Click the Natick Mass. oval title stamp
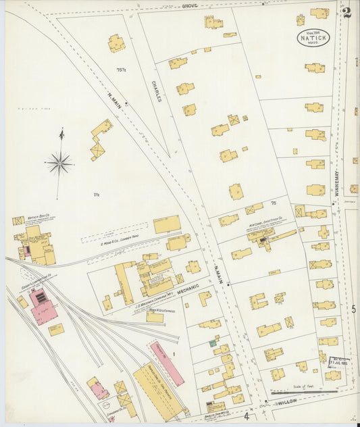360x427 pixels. (313, 37)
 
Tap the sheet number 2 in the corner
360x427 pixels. (346, 12)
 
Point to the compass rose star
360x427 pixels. (59, 163)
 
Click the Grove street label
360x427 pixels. (190, 5)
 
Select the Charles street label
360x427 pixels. (155, 92)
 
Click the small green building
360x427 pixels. (213, 343)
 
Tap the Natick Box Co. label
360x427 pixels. (41, 219)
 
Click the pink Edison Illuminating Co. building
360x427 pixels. (43, 305)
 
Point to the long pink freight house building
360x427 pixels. (166, 363)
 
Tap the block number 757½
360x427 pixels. (122, 70)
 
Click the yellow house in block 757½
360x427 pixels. (116, 44)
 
